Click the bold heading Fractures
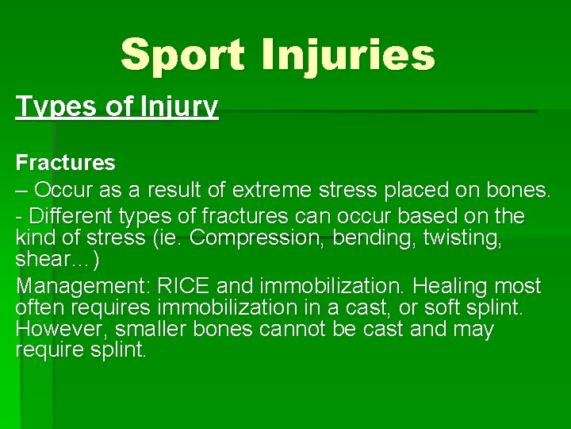66,163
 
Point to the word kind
36,238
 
